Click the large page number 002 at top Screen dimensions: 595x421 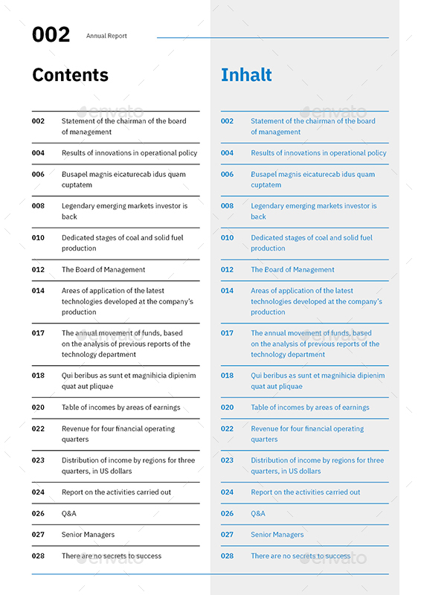51,34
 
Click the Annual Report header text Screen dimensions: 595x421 106,36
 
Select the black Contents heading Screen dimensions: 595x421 70,75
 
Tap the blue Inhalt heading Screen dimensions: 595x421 246,75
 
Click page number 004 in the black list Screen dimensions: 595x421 38,153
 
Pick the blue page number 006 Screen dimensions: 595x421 227,175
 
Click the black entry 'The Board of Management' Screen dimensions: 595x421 103,270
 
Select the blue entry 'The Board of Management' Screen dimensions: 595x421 292,270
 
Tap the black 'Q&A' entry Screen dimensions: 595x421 69,514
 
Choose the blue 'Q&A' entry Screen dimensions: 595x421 258,514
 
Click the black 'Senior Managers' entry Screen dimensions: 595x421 88,535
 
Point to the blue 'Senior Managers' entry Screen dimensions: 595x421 277,535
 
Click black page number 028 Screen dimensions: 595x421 38,556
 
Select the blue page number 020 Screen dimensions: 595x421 227,408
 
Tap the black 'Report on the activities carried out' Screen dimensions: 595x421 116,492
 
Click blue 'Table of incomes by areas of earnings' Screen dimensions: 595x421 310,408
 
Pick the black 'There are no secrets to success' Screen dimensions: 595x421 112,556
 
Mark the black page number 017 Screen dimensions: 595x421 38,333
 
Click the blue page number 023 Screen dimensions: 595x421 227,460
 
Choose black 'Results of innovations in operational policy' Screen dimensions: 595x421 129,153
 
